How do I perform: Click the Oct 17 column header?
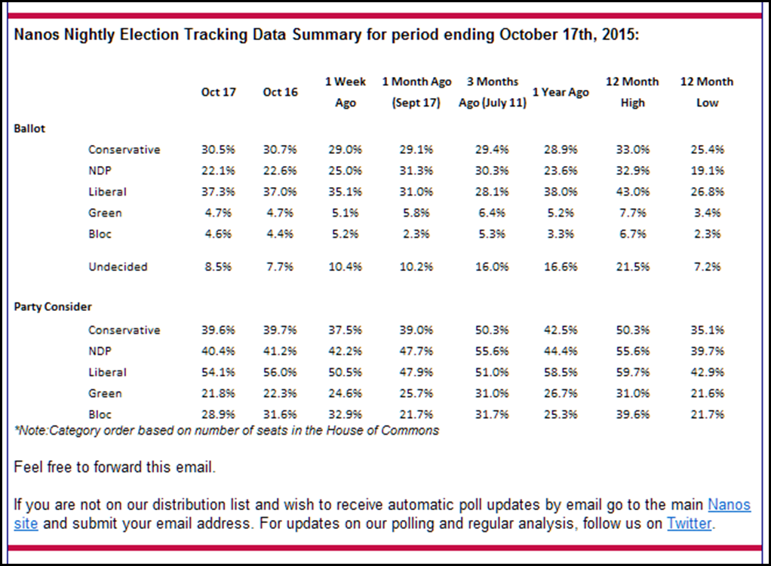pos(218,92)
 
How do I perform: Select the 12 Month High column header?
pos(632,92)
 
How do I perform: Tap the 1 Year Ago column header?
pos(561,92)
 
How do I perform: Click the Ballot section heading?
pos(29,128)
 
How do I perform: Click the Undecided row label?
pos(118,266)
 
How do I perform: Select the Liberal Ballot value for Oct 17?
pos(217,192)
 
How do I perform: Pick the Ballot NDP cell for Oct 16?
pos(280,171)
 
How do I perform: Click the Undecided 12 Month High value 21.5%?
pos(632,266)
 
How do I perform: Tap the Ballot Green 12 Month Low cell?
pos(707,213)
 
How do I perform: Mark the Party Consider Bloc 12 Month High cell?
pos(632,414)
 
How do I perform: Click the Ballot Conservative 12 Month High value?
pos(632,149)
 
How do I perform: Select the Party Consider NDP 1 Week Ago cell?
pos(345,351)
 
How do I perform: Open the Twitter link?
pos(689,523)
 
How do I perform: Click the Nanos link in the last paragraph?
pos(729,504)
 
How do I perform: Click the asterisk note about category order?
pos(226,430)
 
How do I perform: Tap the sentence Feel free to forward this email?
pos(115,467)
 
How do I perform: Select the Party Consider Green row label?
pos(105,393)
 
